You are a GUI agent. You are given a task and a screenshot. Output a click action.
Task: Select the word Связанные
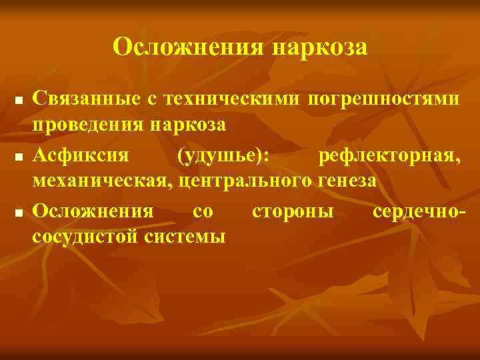click(83, 99)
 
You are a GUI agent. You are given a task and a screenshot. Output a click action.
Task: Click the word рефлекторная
click(389, 155)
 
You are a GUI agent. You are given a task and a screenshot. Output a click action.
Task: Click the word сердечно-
click(419, 211)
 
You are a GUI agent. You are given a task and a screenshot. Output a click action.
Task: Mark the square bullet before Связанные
click(19, 101)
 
